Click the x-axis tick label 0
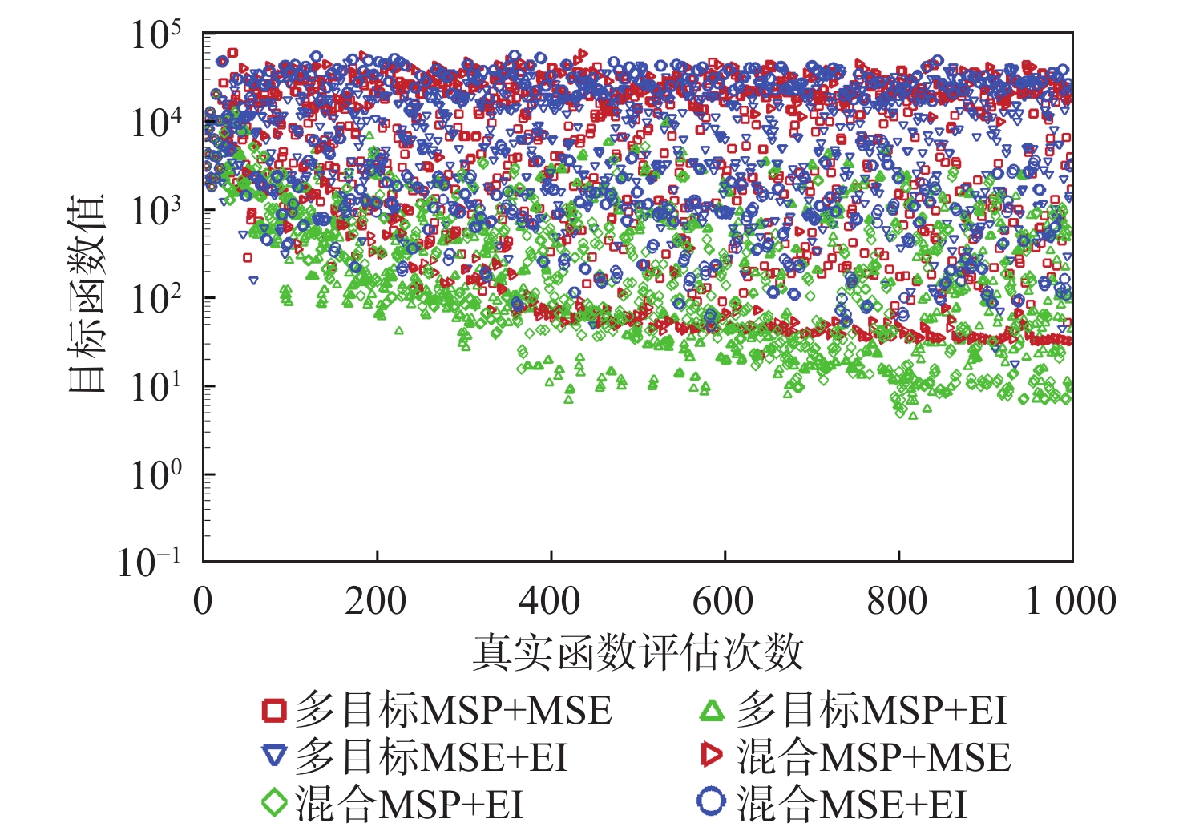[x=204, y=601]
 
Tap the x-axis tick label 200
[x=376, y=601]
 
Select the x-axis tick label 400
[x=550, y=601]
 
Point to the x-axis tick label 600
[x=724, y=601]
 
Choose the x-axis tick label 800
[x=898, y=601]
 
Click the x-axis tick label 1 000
[x=1071, y=601]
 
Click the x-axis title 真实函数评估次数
[x=637, y=652]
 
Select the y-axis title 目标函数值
[x=87, y=293]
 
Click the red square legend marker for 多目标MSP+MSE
[x=274, y=710]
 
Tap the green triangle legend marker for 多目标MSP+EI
[x=712, y=710]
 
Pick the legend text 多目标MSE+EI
[x=431, y=757]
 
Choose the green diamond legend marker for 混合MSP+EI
[x=274, y=802]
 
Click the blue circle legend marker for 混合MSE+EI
[x=711, y=801]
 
